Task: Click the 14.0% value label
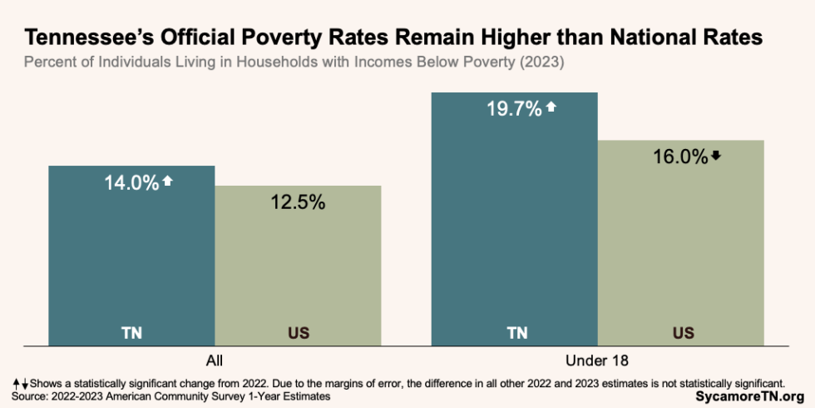131,182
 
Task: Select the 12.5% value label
298,202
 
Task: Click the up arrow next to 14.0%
167,181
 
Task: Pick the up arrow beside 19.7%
550,107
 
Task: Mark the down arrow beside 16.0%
716,156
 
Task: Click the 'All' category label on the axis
215,361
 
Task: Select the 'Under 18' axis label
597,361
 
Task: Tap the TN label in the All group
131,333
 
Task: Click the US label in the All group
298,333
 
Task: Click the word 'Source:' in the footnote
30,397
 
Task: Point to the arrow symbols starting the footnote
21,383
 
